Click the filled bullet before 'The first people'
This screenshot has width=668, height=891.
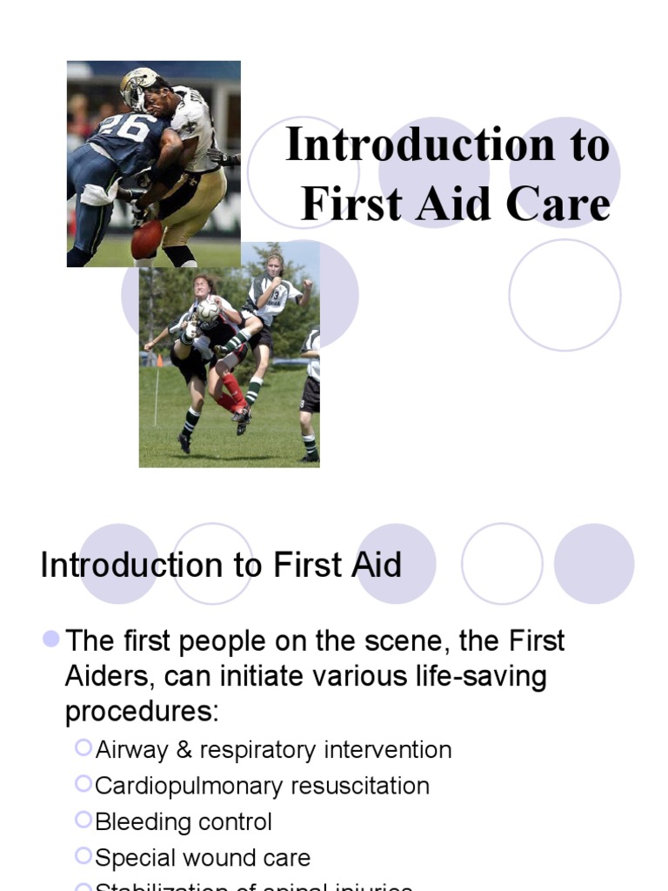[x=51, y=640]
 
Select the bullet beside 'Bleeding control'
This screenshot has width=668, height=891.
[x=83, y=819]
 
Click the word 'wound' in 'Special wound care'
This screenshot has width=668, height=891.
[x=224, y=857]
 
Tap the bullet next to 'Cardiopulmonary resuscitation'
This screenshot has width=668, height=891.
[x=83, y=783]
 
